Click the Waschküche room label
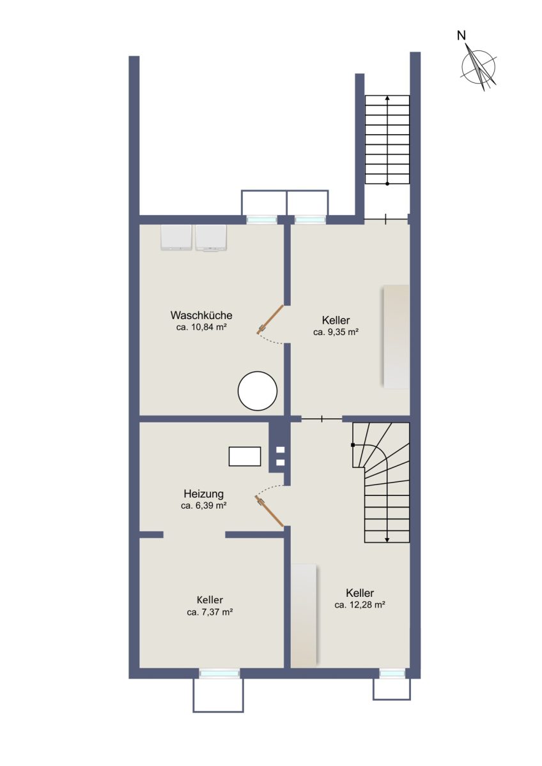coord(201,315)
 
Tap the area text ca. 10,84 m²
coord(202,327)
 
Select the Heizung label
coord(203,494)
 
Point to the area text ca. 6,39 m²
coord(203,506)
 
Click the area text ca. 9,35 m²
coord(336,332)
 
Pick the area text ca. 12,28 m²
coord(359,605)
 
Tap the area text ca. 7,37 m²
coord(210,612)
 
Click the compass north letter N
coord(461,35)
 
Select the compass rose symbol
coord(479,68)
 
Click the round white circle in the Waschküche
coord(258,391)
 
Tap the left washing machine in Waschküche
coord(176,237)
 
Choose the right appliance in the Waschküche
coord(211,238)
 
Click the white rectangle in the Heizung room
coord(245,456)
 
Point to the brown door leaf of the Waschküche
coord(270,319)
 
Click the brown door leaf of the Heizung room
coord(269,511)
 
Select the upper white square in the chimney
coord(281,450)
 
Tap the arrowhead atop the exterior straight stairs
coord(387,98)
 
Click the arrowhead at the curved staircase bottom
coord(387,540)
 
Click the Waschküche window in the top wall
coord(262,220)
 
